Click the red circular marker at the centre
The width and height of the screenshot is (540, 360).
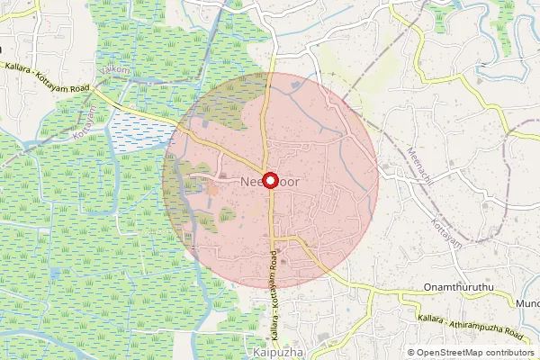[269, 179]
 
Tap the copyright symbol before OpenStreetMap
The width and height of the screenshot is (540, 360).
[411, 353]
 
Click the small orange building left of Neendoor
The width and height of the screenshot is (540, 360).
[213, 188]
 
